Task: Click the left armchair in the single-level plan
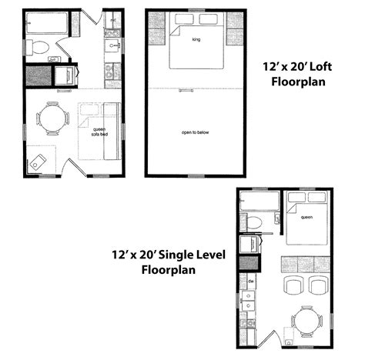pos(293,285)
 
